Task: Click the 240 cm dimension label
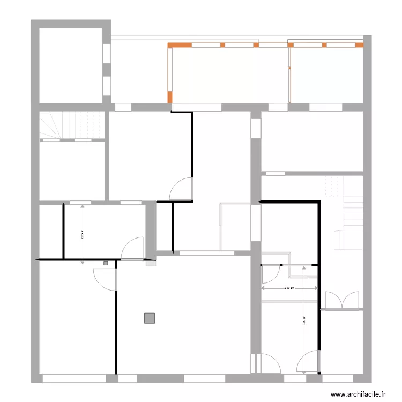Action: [x=288, y=288]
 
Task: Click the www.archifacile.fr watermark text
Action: [x=359, y=394]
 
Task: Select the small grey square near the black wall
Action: [x=106, y=263]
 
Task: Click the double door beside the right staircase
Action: [x=342, y=301]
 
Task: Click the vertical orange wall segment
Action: [x=170, y=97]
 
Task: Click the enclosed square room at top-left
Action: [x=70, y=64]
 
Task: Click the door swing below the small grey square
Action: [x=106, y=278]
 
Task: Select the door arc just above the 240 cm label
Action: [x=267, y=274]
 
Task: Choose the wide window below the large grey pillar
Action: [x=204, y=378]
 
